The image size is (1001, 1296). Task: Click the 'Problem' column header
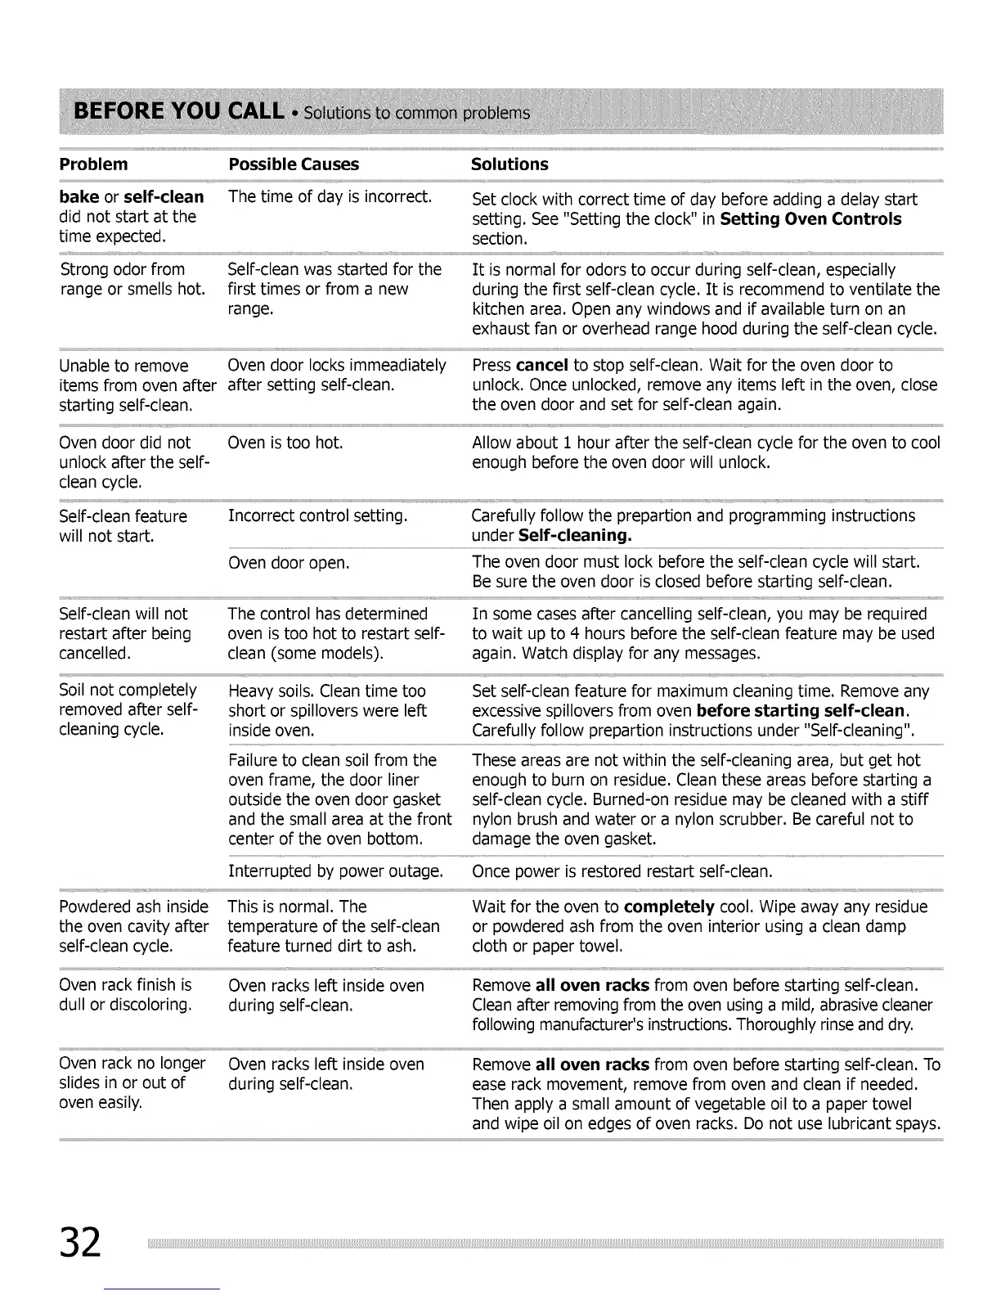(93, 164)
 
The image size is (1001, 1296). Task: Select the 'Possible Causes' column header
(294, 164)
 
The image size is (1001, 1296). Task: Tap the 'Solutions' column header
(509, 164)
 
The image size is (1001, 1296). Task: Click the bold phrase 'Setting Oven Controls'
(811, 219)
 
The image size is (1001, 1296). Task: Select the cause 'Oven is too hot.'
(285, 443)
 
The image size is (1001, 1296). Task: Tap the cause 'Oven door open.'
(289, 563)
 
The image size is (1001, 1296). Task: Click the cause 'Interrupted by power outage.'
(335, 871)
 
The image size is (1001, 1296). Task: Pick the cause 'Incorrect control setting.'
(317, 516)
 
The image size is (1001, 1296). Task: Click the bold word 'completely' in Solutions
(669, 907)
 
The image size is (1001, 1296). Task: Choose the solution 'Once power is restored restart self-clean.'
(622, 871)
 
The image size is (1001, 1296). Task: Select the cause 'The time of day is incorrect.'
(330, 197)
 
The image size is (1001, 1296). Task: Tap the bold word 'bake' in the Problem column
(79, 197)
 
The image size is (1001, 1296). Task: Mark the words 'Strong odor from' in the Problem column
(123, 269)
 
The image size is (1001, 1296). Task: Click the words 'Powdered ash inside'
(133, 907)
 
